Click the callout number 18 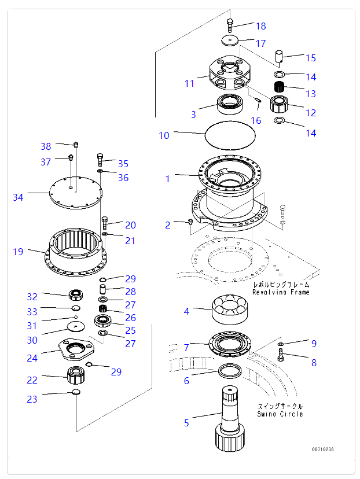pos(260,26)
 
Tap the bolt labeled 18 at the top pos(230,24)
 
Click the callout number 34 pos(19,198)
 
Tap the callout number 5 pos(186,423)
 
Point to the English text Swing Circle pos(280,414)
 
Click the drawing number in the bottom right pos(323,449)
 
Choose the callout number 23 pos(32,399)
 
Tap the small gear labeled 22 pos(76,376)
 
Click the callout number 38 pos(46,146)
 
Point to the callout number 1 pos(168,179)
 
